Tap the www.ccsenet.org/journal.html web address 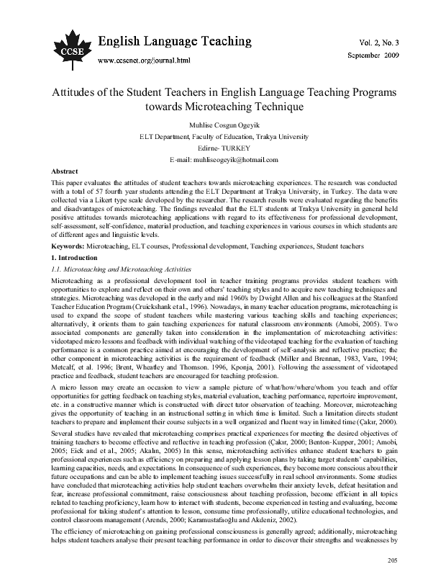(147, 60)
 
